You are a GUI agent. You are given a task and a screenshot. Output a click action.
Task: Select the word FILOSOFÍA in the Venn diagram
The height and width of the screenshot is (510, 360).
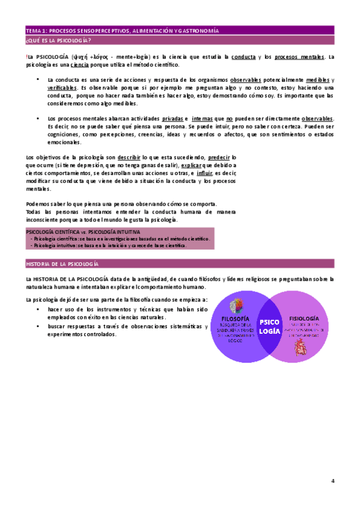[236, 319]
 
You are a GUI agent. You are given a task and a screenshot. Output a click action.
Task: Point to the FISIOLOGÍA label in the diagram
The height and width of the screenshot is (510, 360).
[304, 319]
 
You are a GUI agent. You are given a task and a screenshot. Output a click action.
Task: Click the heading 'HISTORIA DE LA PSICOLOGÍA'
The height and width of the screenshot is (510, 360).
[63, 264]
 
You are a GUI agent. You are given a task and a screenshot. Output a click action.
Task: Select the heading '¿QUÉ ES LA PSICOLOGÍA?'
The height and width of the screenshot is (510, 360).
[58, 40]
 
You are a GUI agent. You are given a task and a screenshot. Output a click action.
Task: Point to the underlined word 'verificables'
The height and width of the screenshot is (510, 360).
[62, 88]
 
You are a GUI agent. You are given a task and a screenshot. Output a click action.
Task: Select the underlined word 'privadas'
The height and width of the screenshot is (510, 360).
[172, 118]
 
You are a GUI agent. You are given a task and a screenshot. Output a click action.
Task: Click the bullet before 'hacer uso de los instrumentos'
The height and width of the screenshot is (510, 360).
[38, 309]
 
